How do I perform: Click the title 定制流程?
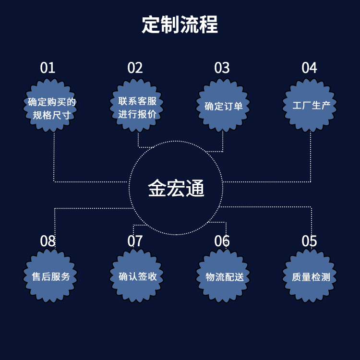[180, 24]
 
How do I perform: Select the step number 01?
[48, 68]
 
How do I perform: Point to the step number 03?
[222, 68]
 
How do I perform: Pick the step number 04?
[309, 68]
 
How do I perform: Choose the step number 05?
[309, 241]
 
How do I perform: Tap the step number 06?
[222, 241]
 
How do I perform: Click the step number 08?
[48, 241]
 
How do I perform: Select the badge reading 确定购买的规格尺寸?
[51, 108]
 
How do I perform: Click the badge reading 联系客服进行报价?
[138, 108]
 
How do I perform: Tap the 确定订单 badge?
[224, 106]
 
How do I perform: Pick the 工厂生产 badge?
[311, 106]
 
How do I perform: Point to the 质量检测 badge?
[311, 277]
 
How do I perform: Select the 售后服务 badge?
[51, 277]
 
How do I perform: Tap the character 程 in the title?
[209, 24]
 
